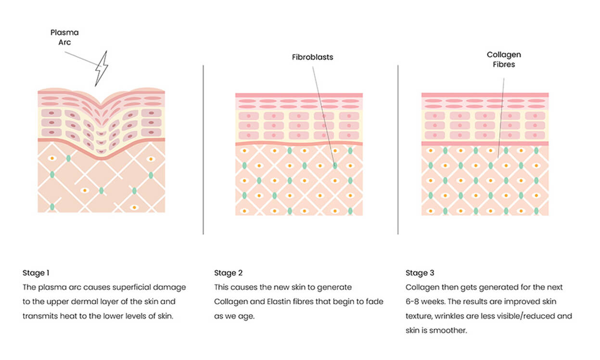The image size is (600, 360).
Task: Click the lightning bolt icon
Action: tap(102, 68)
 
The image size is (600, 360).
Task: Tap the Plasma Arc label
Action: tap(64, 37)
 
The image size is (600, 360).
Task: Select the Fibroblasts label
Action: tap(312, 57)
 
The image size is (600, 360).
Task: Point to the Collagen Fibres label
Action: tap(504, 60)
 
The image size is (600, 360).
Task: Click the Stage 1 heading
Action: tap(36, 273)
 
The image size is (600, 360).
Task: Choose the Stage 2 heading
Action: tap(228, 273)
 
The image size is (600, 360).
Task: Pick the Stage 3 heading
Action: tap(420, 273)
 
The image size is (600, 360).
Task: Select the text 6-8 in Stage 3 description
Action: tap(412, 302)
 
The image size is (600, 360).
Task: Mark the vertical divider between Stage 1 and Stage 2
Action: tap(204, 150)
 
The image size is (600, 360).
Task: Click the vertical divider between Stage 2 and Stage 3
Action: tap(398, 150)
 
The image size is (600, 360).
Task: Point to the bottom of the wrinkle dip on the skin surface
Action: tap(101, 103)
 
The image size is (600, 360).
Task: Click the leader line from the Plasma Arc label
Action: tap(83, 59)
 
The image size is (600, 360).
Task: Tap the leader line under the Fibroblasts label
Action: tap(324, 116)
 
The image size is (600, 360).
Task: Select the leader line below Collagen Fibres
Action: tap(501, 118)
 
